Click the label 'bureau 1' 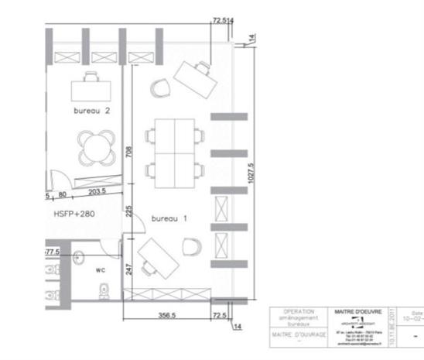pos(169,219)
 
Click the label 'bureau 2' pos(92,111)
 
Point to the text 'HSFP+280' pos(74,212)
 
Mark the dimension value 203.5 pos(97,191)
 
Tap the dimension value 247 pos(128,269)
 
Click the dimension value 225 pos(128,211)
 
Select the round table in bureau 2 pos(96,145)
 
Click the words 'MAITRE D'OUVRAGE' pos(298,335)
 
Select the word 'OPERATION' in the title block pos(299,311)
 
